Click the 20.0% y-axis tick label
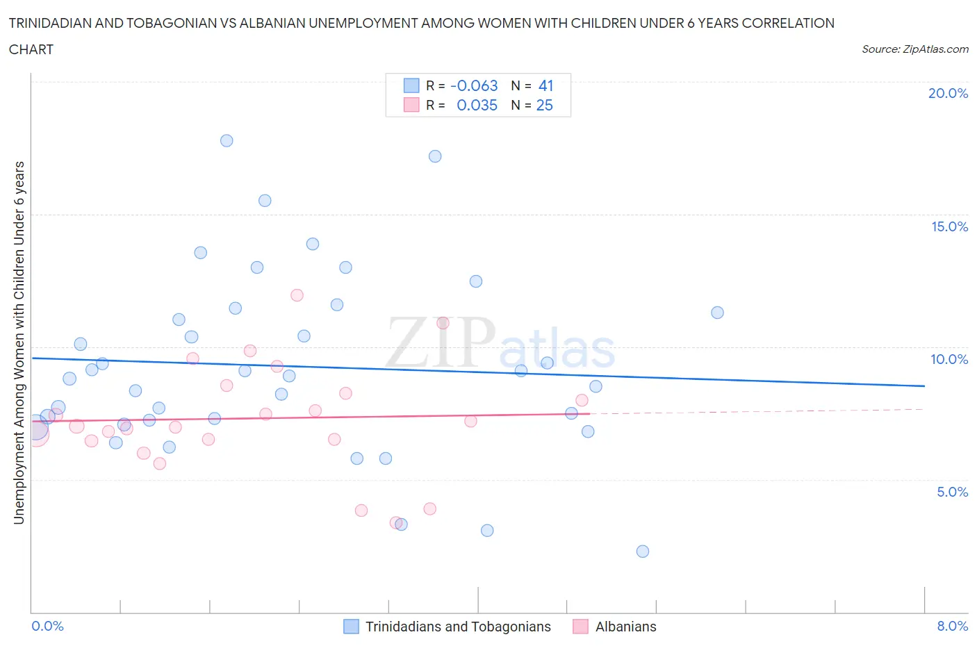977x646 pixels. point(948,93)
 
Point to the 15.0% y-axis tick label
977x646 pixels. point(949,226)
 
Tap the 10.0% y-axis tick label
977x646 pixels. point(949,359)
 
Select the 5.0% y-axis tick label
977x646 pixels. point(952,492)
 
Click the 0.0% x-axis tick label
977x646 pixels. point(48,626)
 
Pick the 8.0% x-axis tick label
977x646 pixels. point(952,626)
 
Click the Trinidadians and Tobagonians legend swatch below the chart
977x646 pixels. point(352,627)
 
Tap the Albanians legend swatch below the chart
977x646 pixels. point(580,627)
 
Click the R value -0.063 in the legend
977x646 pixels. point(474,85)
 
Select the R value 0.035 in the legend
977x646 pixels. point(477,105)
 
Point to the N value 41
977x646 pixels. point(545,85)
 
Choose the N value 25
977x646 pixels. point(545,105)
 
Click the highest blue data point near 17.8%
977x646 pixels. point(227,140)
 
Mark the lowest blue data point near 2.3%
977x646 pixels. point(643,552)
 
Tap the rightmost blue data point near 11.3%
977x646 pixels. point(718,313)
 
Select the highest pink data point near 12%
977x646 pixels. point(297,295)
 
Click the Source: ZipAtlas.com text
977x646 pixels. point(914,49)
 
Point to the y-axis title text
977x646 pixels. point(19,342)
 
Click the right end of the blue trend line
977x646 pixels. point(924,386)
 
